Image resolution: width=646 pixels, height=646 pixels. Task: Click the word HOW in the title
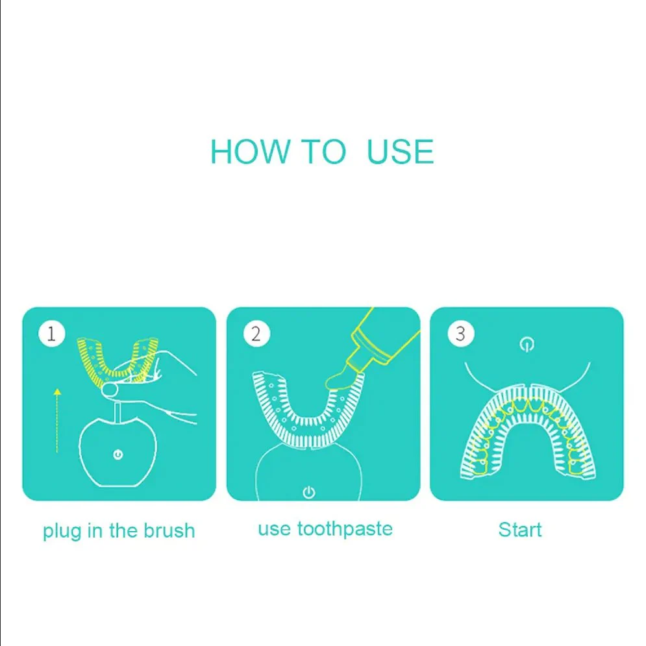tap(250, 152)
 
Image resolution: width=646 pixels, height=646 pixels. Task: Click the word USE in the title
tap(400, 152)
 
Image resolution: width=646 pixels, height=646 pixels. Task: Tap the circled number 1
tap(51, 334)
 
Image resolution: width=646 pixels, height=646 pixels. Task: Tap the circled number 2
tap(256, 334)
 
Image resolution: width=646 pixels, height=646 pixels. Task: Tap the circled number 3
tap(460, 334)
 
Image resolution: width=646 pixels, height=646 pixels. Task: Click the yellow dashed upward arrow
tap(57, 420)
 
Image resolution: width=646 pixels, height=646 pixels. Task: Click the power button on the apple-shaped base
tap(118, 455)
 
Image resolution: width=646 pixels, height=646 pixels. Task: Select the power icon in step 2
tap(309, 492)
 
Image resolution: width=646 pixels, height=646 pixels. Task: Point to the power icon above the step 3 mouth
tap(527, 344)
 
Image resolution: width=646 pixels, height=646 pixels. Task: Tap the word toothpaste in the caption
tap(345, 529)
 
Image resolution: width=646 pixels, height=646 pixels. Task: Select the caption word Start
tap(520, 530)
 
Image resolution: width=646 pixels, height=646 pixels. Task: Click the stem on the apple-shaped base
tap(118, 412)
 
